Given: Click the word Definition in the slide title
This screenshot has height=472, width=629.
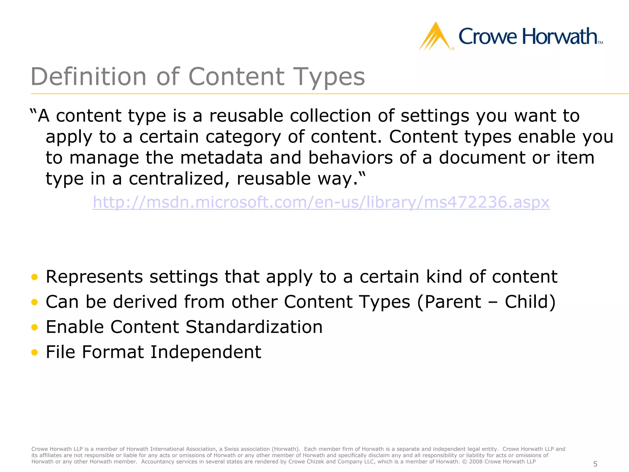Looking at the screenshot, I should pyautogui.click(x=89, y=77).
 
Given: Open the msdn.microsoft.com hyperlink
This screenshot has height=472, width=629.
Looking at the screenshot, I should pyautogui.click(x=321, y=203).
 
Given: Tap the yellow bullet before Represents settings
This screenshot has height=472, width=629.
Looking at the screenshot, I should pyautogui.click(x=34, y=277).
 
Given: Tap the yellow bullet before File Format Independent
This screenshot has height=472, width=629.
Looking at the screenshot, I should pyautogui.click(x=34, y=352).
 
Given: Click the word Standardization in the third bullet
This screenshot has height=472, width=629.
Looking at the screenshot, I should pyautogui.click(x=254, y=327).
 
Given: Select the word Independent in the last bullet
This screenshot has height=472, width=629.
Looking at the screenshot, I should pyautogui.click(x=206, y=352).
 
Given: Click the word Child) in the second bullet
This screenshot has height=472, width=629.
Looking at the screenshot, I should pyautogui.click(x=530, y=302).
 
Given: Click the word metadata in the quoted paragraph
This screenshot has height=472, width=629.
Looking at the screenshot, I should pyautogui.click(x=221, y=158).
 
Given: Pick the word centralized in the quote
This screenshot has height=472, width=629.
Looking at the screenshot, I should pyautogui.click(x=179, y=179).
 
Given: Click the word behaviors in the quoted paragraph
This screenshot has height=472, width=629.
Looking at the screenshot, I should pyautogui.click(x=350, y=158).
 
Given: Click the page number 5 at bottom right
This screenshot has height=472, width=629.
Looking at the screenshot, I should pyautogui.click(x=595, y=464).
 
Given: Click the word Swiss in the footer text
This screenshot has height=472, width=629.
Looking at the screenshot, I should pyautogui.click(x=231, y=449).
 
